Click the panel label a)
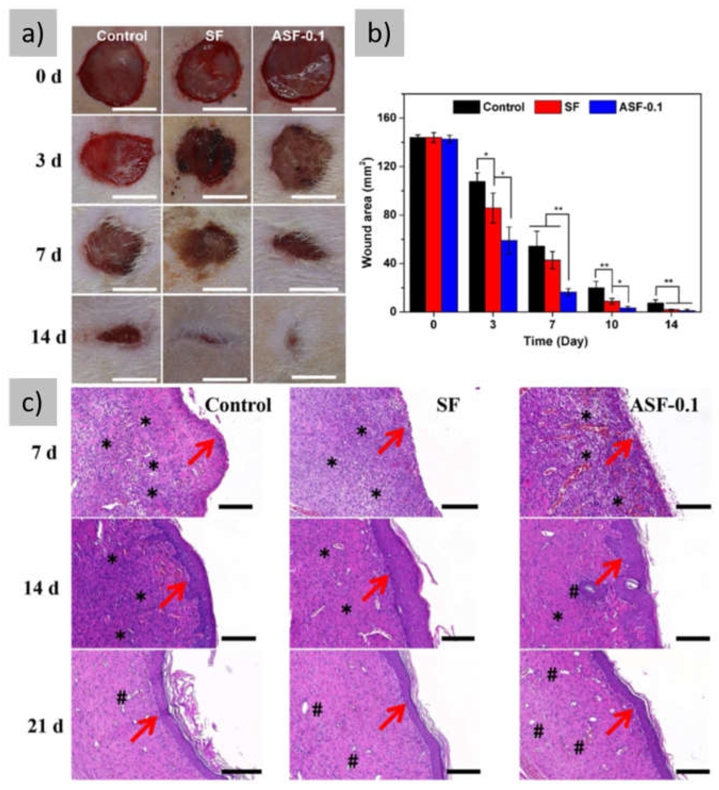tap(33, 33)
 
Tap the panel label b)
tap(379, 33)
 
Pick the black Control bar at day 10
tap(596, 299)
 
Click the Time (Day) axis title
tap(556, 341)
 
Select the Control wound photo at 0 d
tap(116, 71)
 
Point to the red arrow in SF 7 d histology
tap(391, 440)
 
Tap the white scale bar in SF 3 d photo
tap(225, 197)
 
